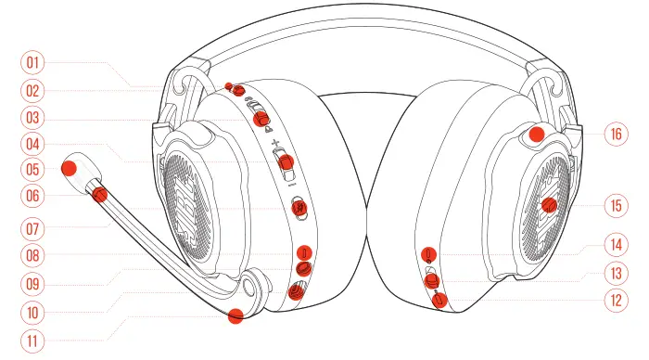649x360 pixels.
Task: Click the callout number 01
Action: coord(34,63)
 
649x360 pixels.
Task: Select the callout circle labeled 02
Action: coord(34,91)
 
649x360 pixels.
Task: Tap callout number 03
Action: coord(34,118)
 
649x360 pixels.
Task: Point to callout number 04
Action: coord(34,145)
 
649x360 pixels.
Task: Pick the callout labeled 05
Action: coord(34,171)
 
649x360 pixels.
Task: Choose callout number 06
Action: coord(34,197)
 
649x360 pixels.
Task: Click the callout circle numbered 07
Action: coord(34,225)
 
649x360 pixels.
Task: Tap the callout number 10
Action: coord(34,312)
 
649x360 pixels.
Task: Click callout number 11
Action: coord(34,341)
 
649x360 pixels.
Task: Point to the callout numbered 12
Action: coord(613,301)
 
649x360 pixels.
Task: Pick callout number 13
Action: coord(613,273)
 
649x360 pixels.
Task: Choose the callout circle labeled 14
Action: coord(613,246)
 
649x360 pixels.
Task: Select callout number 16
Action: coord(613,134)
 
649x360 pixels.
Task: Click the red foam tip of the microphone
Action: coord(69,169)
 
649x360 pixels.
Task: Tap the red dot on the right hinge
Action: coord(536,135)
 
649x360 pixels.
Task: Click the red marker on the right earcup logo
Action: coord(548,205)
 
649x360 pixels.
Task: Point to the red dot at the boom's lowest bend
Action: coord(236,315)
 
